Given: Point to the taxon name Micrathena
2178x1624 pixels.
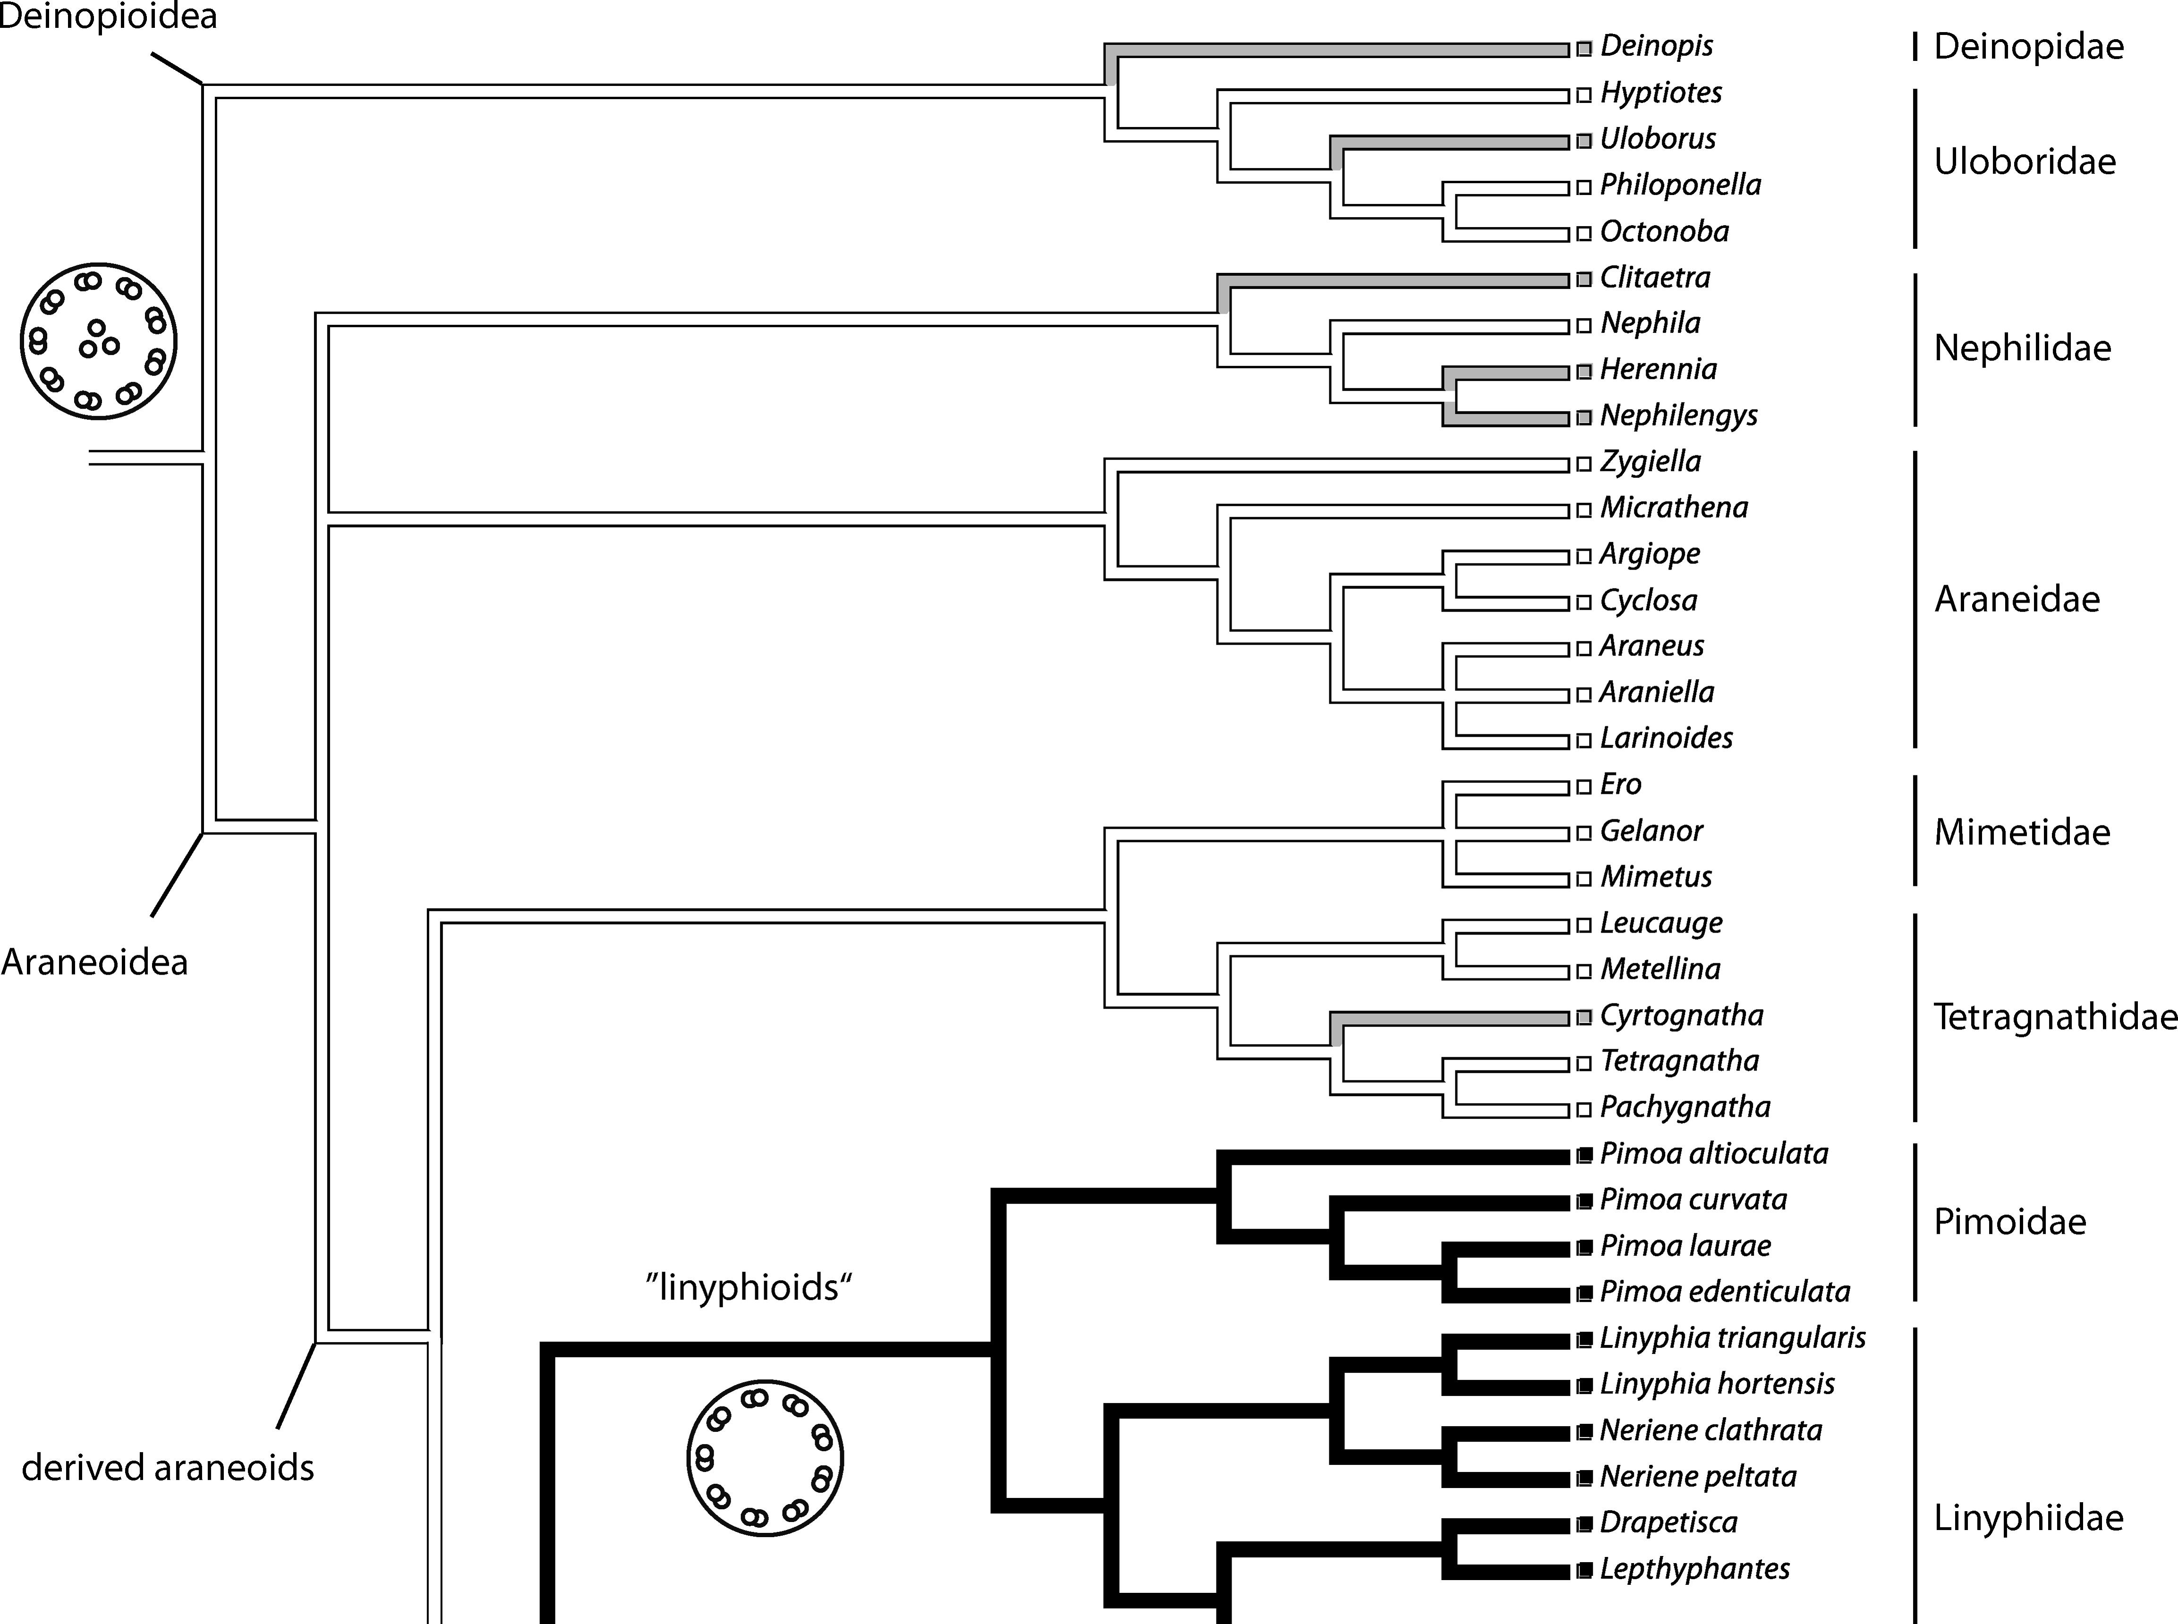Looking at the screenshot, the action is click(x=1674, y=507).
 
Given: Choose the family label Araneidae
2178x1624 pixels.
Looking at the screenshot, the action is click(x=2017, y=599).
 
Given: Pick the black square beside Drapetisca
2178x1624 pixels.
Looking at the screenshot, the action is click(x=1583, y=1524).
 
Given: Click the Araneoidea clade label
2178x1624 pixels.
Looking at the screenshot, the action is click(x=94, y=961).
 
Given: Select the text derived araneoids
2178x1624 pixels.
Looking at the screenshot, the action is click(x=168, y=1468).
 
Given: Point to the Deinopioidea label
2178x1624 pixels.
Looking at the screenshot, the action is click(x=108, y=17).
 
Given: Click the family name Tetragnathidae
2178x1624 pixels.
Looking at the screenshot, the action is click(x=2055, y=1016).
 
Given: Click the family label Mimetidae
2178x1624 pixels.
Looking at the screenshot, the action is click(x=2022, y=833).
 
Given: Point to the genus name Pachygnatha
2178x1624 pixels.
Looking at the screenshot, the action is click(x=1685, y=1107).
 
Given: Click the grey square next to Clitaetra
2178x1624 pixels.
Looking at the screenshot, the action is click(x=1583, y=280).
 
